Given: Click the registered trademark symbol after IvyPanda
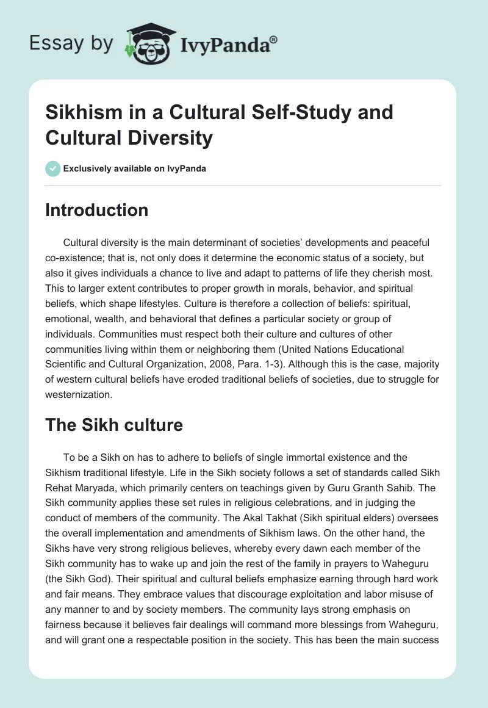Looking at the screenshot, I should pyautogui.click(x=274, y=40).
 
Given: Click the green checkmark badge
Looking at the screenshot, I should pyautogui.click(x=52, y=168).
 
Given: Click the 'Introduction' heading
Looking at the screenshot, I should pyautogui.click(x=97, y=210).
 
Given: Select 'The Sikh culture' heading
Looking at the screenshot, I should pyautogui.click(x=114, y=425).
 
